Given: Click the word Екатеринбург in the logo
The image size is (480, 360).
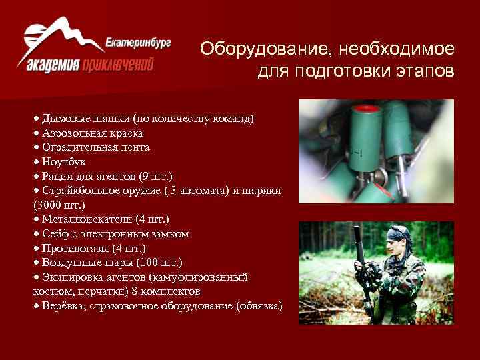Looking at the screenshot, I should tap(138, 42).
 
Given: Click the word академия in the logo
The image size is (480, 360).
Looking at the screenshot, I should tap(54, 65).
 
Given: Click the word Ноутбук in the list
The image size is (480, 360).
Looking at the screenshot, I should tap(64, 161).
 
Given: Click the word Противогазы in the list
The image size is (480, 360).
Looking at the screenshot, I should tap(72, 248).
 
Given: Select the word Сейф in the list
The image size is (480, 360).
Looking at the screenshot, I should tap(55, 234).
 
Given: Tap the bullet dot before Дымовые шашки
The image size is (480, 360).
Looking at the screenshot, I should tap(36, 119).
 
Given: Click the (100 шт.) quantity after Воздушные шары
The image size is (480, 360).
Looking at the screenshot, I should tap(156, 263).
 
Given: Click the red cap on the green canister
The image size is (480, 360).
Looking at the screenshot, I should tap(364, 106).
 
